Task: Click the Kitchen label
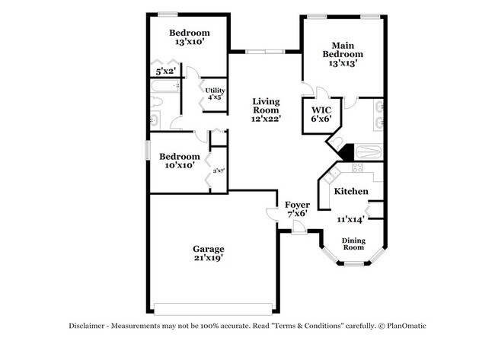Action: coord(352,191)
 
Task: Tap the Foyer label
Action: coord(296,205)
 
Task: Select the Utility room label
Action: coord(214,91)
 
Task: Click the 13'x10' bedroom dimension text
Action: coord(189,43)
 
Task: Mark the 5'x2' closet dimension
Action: coord(165,72)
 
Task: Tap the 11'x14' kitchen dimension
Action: coord(350,219)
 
